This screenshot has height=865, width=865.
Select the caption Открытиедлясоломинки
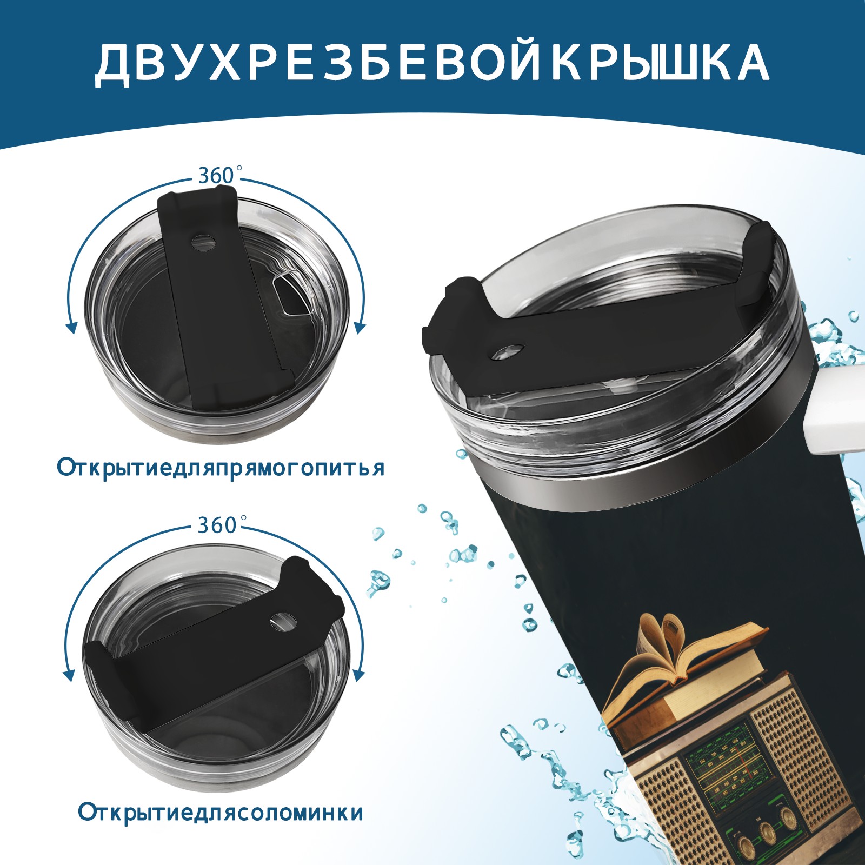click(x=221, y=813)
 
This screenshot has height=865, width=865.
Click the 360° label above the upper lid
click(x=217, y=175)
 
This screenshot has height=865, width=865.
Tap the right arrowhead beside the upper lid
click(x=361, y=326)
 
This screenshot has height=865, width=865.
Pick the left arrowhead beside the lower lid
click(x=69, y=675)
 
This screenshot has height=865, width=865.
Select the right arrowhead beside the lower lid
click(x=358, y=674)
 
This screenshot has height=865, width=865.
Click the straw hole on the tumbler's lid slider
click(x=510, y=351)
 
